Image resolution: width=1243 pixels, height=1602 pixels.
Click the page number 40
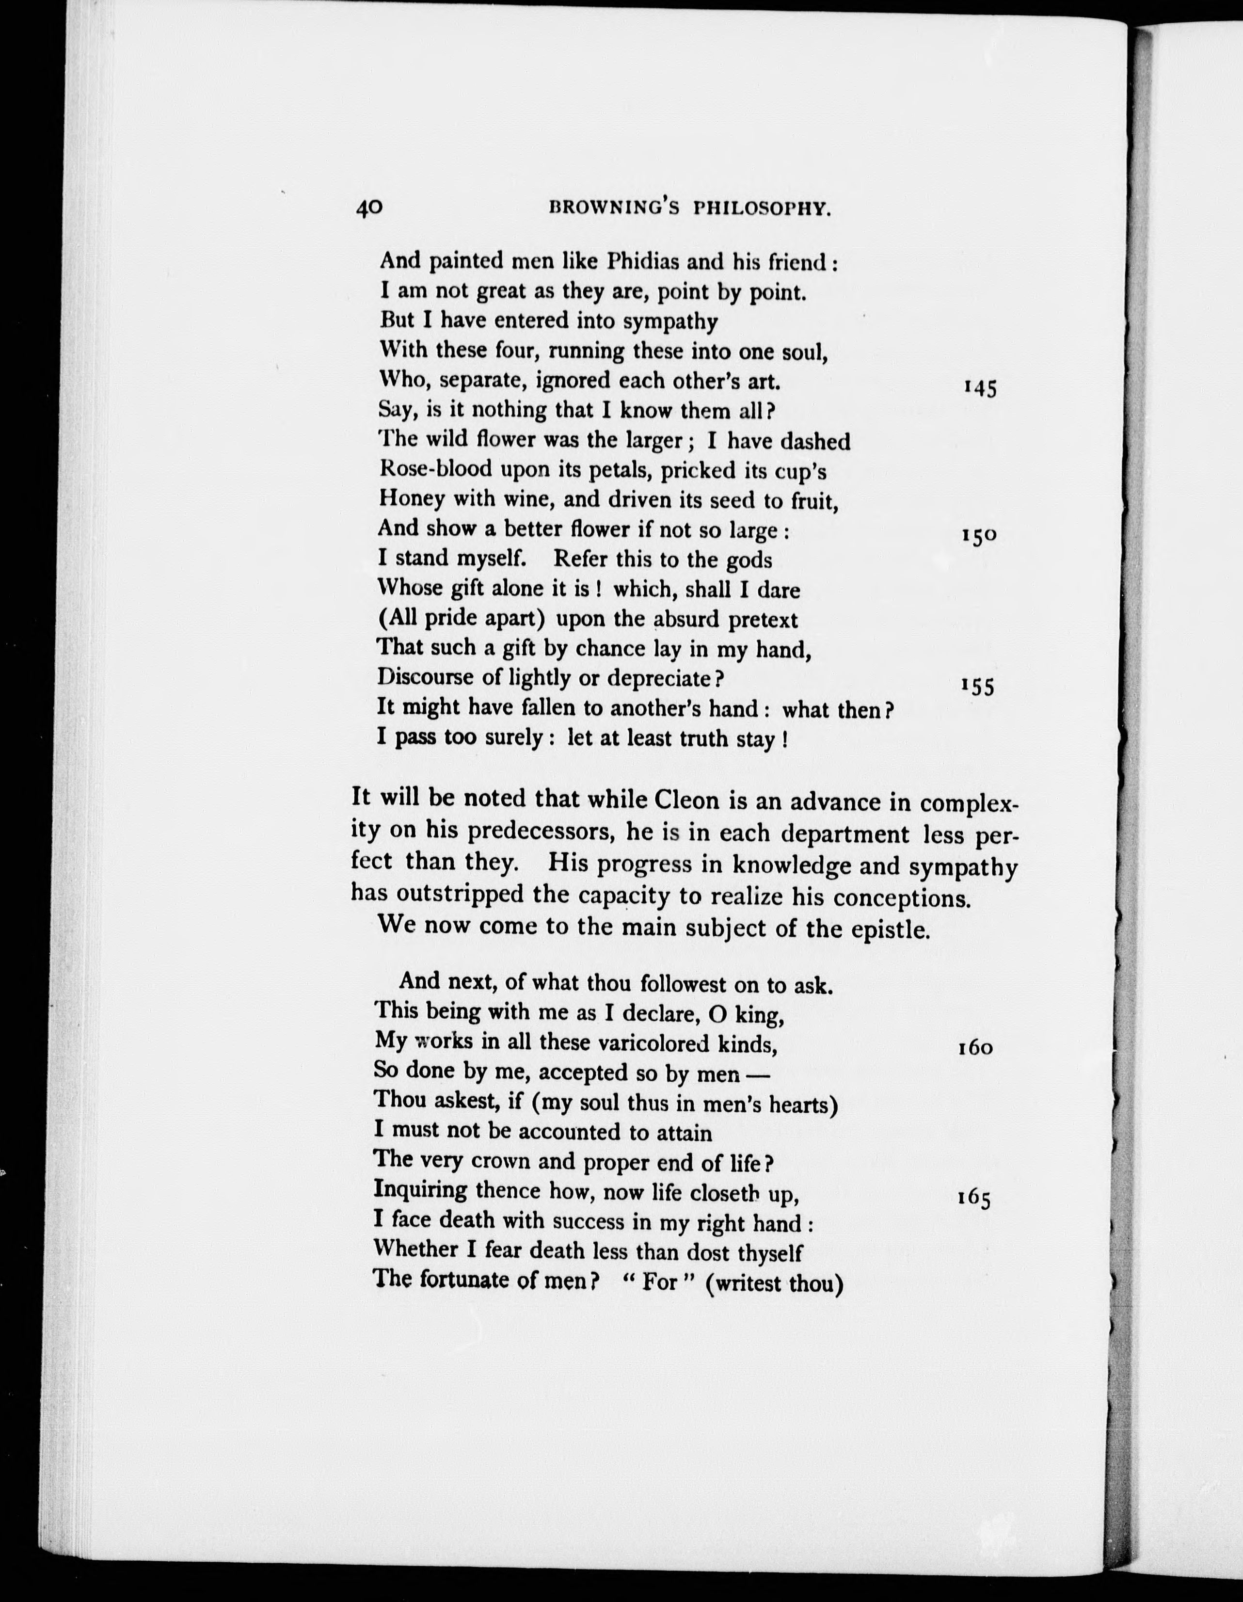369,208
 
